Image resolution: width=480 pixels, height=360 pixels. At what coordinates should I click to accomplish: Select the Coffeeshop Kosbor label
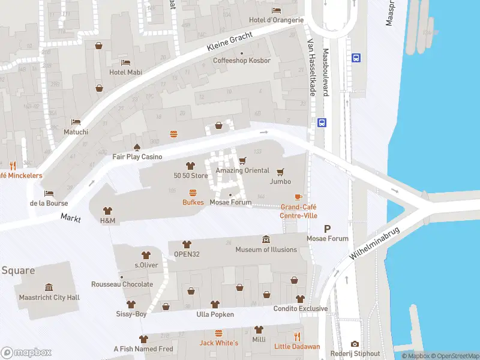point(242,61)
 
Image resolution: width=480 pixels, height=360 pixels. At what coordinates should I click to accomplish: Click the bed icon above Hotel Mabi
point(125,62)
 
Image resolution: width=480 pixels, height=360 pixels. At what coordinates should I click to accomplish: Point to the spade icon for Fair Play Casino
point(137,147)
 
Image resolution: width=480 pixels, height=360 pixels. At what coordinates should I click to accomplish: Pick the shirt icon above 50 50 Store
point(191,166)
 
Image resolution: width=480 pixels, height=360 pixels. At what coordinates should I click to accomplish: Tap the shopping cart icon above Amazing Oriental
point(242,160)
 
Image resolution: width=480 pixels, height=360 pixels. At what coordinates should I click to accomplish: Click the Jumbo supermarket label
point(280,181)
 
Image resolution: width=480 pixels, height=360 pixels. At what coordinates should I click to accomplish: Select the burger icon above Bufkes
point(193,193)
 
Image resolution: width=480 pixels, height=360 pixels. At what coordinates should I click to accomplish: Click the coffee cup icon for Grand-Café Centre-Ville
point(298,197)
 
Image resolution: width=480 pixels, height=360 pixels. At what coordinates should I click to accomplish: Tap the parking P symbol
point(327,228)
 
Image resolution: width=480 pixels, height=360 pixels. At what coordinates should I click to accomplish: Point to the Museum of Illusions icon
point(266,240)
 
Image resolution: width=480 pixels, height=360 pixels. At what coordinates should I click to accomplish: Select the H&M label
point(107,221)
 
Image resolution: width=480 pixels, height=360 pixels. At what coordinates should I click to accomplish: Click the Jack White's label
point(218,343)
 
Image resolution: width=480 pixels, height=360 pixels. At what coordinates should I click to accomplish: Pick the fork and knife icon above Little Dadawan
point(297,337)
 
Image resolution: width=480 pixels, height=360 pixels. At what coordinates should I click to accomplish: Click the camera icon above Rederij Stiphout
point(355,344)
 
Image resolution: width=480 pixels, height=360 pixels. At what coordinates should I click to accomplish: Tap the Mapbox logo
point(26,352)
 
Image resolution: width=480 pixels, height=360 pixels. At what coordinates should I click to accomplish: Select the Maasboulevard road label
point(326,71)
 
